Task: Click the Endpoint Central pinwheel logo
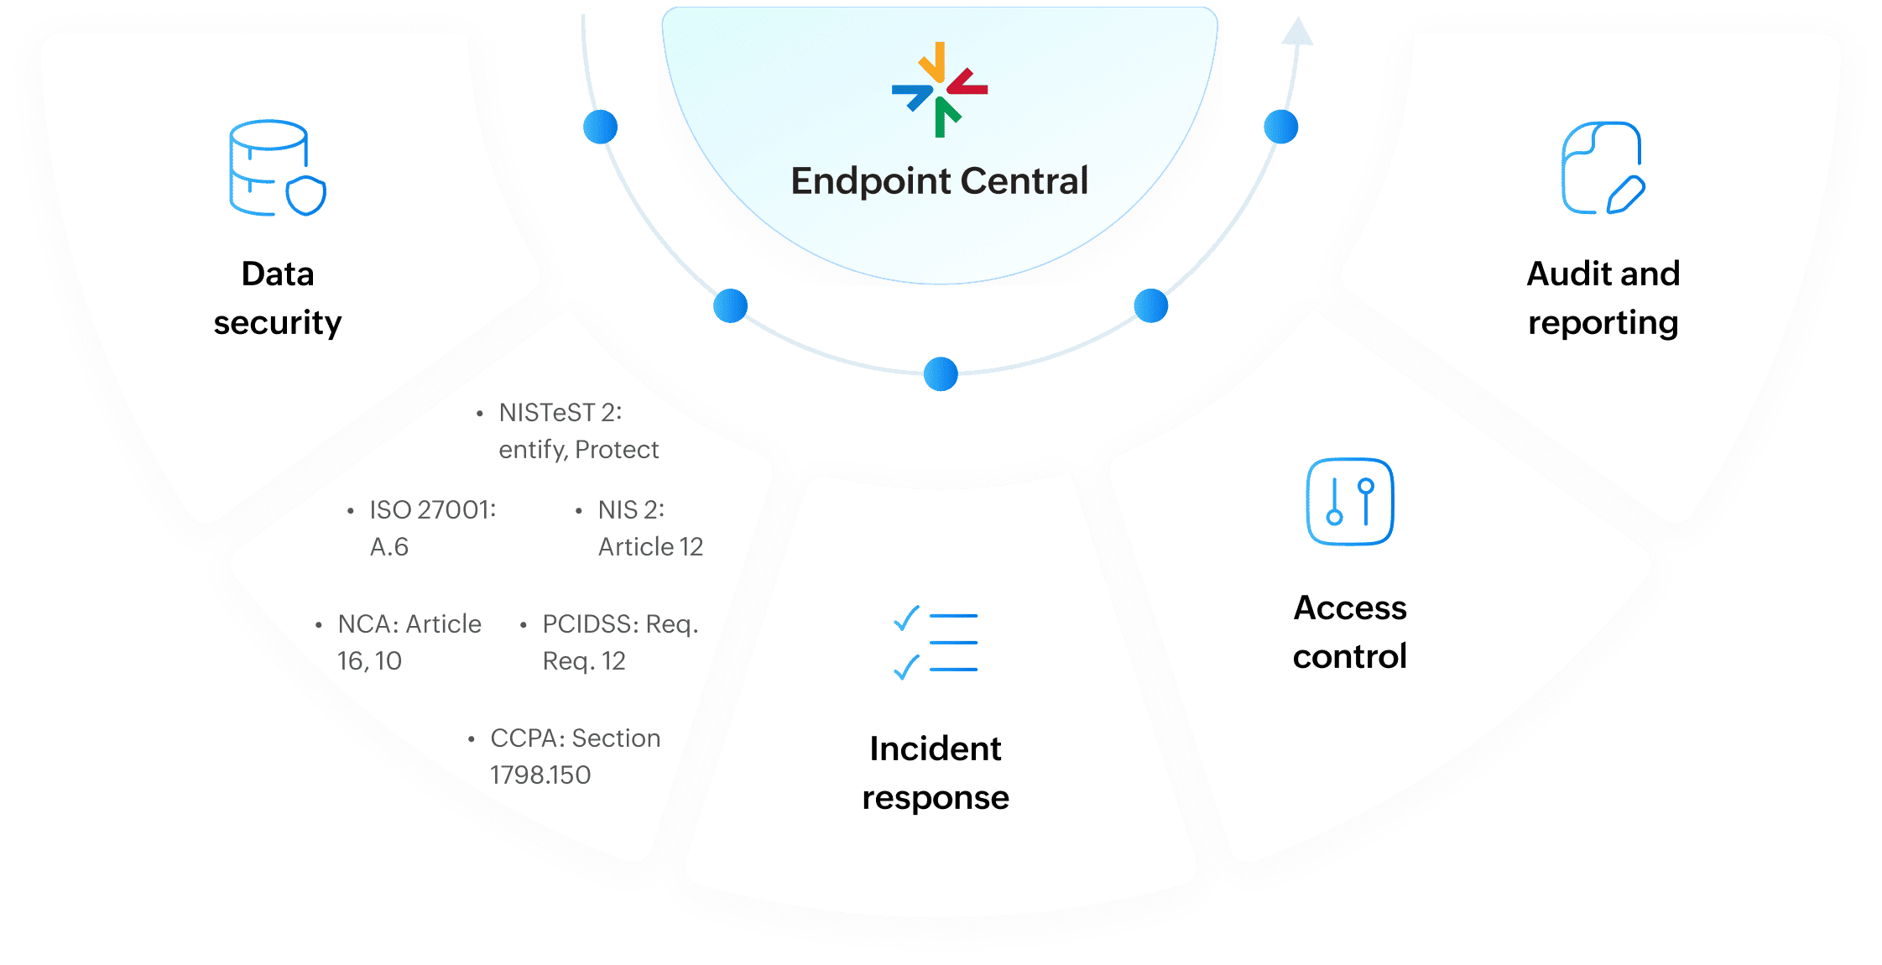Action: pos(940,89)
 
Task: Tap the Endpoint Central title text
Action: pos(940,181)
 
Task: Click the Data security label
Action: pos(278,298)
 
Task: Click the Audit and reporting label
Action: pos(1603,298)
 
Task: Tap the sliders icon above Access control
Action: pos(1350,502)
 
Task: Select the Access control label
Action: pos(1349,632)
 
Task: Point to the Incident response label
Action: pos(936,773)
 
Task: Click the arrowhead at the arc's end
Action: pos(1297,32)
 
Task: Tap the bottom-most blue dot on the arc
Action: pos(941,373)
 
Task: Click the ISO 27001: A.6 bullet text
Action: pos(432,528)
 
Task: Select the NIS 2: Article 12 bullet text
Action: pos(649,528)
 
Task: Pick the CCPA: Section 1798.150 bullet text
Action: pos(575,756)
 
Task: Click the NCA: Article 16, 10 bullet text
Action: pos(409,642)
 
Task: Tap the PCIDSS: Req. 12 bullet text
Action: pos(619,642)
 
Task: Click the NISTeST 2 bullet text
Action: pos(578,430)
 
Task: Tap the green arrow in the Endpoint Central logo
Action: pos(945,117)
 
